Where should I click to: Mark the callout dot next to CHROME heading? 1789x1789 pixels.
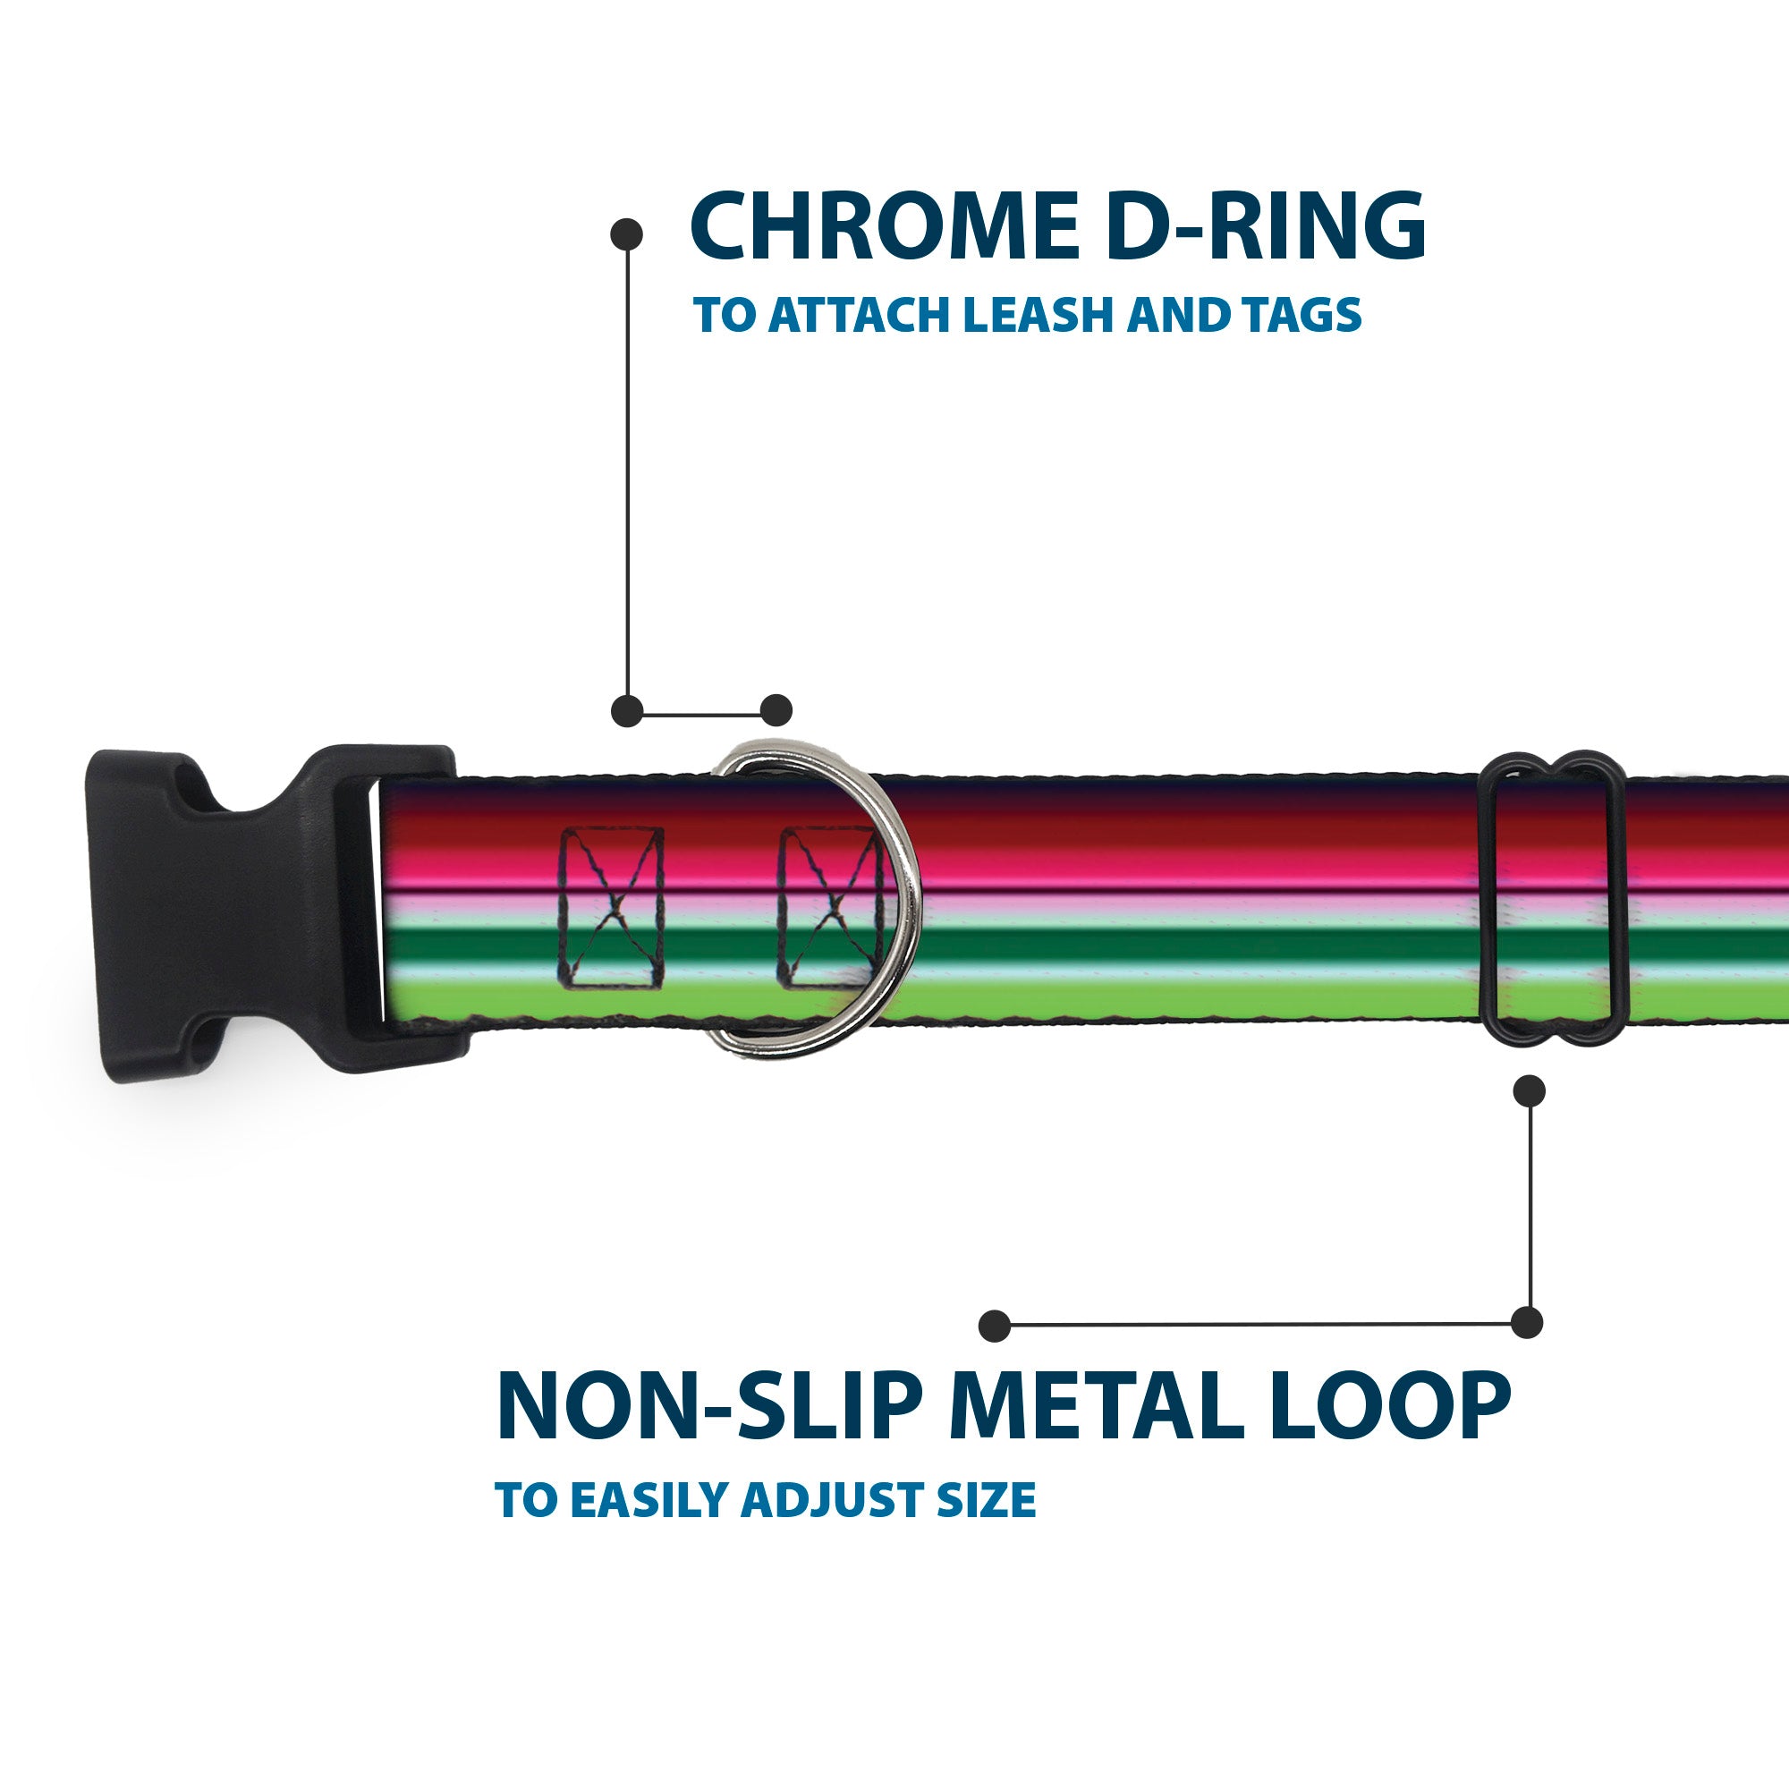pos(627,234)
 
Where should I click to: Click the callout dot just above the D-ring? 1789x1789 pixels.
pos(776,711)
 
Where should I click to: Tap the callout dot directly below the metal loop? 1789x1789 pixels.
pos(1529,1090)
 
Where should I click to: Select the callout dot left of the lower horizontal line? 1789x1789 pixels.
pos(995,1325)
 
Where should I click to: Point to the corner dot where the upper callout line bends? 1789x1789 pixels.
pos(627,711)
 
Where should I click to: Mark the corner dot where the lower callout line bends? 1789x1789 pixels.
pos(1527,1323)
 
